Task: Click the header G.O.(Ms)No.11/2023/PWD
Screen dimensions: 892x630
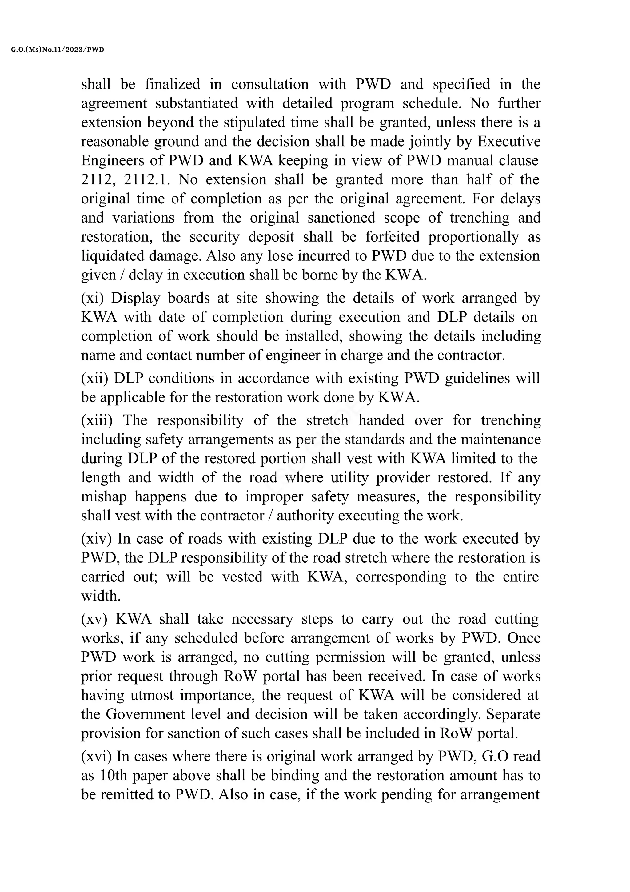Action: (x=58, y=50)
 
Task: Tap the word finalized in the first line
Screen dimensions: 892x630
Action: (x=173, y=84)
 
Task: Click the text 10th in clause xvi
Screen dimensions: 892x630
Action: (x=113, y=775)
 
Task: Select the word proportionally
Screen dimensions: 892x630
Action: (x=473, y=237)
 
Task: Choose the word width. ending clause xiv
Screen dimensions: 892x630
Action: (x=101, y=596)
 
